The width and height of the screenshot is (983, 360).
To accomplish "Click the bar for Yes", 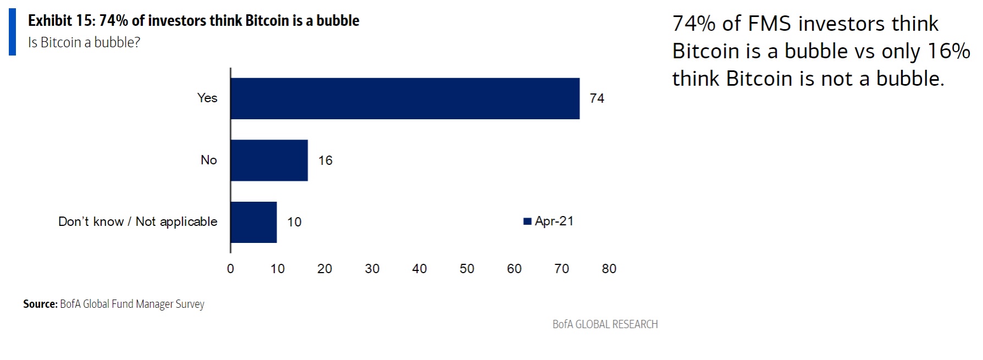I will click(405, 98).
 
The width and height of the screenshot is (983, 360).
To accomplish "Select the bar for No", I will click(269, 160).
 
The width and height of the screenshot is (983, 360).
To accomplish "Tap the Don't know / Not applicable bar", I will click(253, 222).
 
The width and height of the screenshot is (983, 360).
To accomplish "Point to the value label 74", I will click(597, 98).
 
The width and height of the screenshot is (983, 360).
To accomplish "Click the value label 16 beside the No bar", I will click(325, 160).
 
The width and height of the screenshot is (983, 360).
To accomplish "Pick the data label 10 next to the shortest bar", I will click(294, 222).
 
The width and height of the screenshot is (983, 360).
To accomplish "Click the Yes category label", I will click(207, 98).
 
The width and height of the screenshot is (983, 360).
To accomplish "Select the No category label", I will click(208, 160).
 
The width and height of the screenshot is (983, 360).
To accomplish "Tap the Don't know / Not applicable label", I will click(137, 221).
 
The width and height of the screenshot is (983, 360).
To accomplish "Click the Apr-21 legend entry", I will click(549, 221).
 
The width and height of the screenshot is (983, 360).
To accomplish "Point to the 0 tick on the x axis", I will click(230, 269).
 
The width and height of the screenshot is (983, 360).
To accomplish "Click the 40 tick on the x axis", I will click(419, 269).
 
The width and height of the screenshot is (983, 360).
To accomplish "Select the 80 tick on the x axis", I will click(609, 269).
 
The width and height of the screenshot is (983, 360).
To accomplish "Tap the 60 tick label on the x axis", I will click(514, 269).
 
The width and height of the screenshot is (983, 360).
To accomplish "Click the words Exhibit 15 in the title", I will click(60, 21).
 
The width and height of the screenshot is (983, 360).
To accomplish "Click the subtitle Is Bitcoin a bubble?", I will click(84, 42).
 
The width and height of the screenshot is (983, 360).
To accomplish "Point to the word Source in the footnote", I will click(40, 304).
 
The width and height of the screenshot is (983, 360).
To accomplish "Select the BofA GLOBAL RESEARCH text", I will click(605, 324).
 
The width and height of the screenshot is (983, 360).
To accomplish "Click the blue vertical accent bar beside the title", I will click(12, 31).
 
